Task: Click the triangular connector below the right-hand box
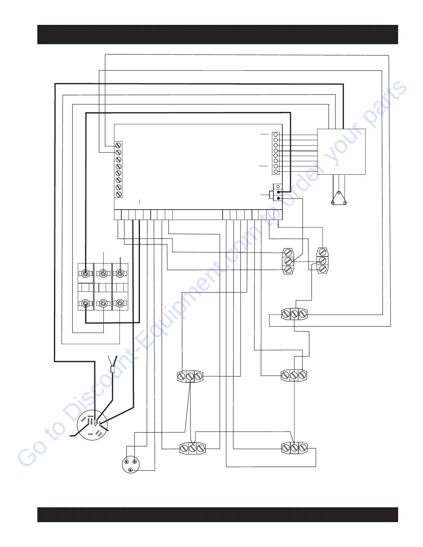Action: [x=339, y=199]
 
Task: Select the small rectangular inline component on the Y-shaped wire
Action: [x=112, y=369]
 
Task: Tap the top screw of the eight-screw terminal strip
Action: [x=118, y=145]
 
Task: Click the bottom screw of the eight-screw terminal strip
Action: [x=118, y=194]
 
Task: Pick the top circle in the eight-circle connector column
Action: [x=276, y=134]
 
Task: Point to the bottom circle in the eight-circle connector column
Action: [x=276, y=172]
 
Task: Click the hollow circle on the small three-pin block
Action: [x=278, y=186]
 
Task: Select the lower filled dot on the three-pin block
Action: [x=278, y=198]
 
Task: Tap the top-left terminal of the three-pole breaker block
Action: [x=85, y=274]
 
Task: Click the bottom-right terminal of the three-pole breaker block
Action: [x=120, y=304]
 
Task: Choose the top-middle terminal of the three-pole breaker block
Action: [x=103, y=274]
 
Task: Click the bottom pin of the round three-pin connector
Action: [x=130, y=470]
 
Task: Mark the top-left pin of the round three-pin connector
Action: [x=126, y=462]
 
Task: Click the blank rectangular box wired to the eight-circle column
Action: [x=341, y=152]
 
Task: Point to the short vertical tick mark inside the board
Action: [x=139, y=201]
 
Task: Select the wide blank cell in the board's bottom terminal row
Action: [x=197, y=215]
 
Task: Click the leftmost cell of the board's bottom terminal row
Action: [x=117, y=215]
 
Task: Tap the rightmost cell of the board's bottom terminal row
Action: [x=279, y=215]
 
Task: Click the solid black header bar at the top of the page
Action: [x=217, y=35]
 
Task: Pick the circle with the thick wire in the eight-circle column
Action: [x=276, y=151]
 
